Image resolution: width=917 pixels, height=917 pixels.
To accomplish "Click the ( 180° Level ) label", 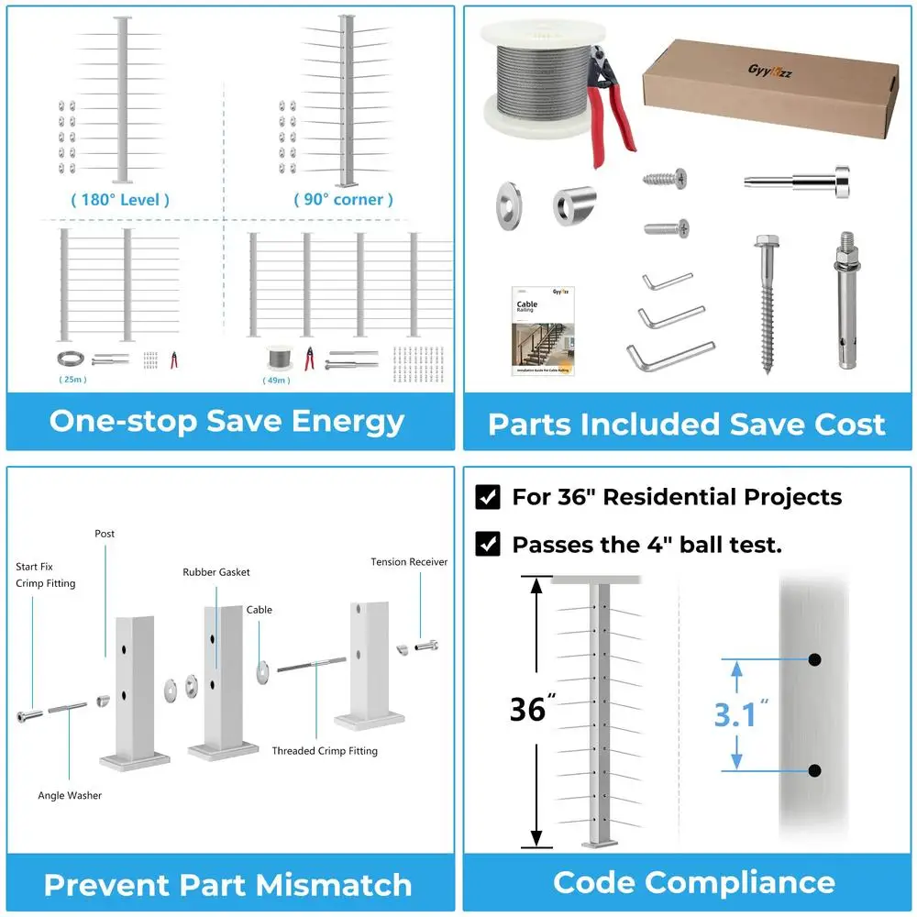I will [x=120, y=200].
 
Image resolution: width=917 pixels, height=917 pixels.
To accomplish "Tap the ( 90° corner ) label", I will [x=344, y=200].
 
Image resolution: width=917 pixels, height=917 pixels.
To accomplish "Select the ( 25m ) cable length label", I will [x=72, y=378].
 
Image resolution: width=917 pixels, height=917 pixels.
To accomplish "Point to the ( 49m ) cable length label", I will [x=276, y=380].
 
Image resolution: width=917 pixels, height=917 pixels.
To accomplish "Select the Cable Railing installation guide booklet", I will [x=542, y=330].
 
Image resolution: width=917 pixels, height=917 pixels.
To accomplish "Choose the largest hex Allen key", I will [x=668, y=354].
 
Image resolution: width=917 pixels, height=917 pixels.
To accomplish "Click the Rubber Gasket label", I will [x=215, y=572].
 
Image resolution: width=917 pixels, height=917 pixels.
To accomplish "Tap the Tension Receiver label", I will [x=409, y=562].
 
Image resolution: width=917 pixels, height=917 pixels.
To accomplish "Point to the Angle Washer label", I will [x=70, y=795].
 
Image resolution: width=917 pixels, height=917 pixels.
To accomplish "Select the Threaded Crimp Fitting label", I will [x=325, y=751].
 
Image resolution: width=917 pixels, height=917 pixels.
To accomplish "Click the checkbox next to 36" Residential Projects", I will [x=488, y=498].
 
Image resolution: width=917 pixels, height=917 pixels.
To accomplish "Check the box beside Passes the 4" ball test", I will [x=488, y=545].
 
